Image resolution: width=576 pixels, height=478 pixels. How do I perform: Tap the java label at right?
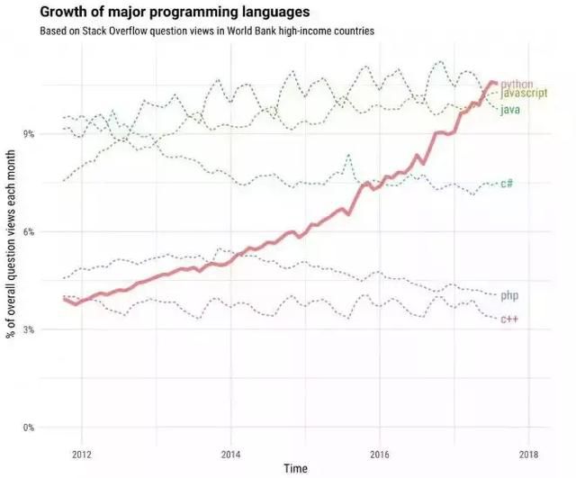510,109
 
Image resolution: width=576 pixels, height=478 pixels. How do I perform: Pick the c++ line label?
508,320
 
